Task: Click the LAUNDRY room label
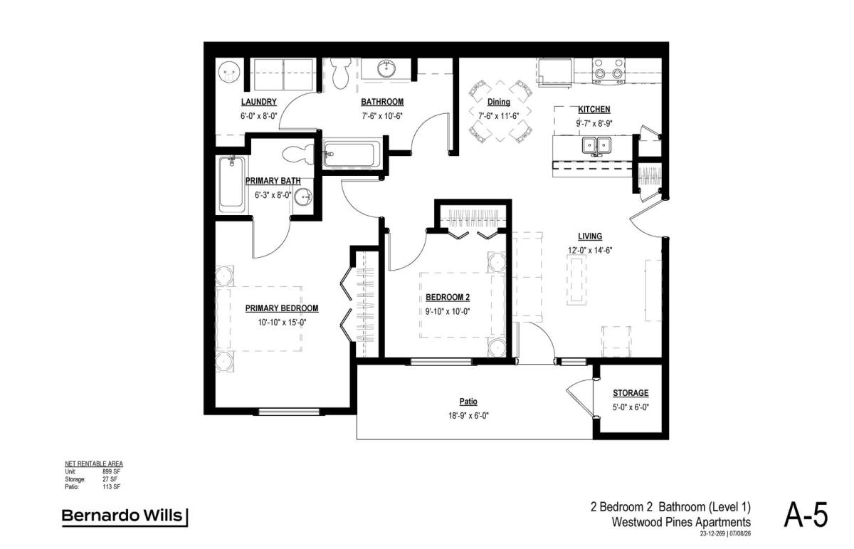click(x=258, y=102)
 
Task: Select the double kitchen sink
click(x=596, y=145)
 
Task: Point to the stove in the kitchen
click(x=608, y=70)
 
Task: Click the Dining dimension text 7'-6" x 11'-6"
click(x=499, y=116)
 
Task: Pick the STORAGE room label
click(x=631, y=393)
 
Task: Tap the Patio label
click(x=468, y=402)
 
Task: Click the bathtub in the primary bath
click(x=232, y=184)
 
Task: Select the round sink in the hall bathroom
click(x=386, y=69)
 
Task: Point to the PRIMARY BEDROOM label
click(x=282, y=308)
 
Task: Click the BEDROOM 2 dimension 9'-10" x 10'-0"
click(x=448, y=312)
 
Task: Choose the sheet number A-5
click(x=806, y=516)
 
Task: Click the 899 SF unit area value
click(x=111, y=471)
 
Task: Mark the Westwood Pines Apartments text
click(x=681, y=522)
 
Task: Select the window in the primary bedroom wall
click(x=289, y=412)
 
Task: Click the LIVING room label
click(x=590, y=236)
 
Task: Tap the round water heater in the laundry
click(x=228, y=73)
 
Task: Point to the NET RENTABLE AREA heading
click(x=94, y=464)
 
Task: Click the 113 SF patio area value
click(x=111, y=487)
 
